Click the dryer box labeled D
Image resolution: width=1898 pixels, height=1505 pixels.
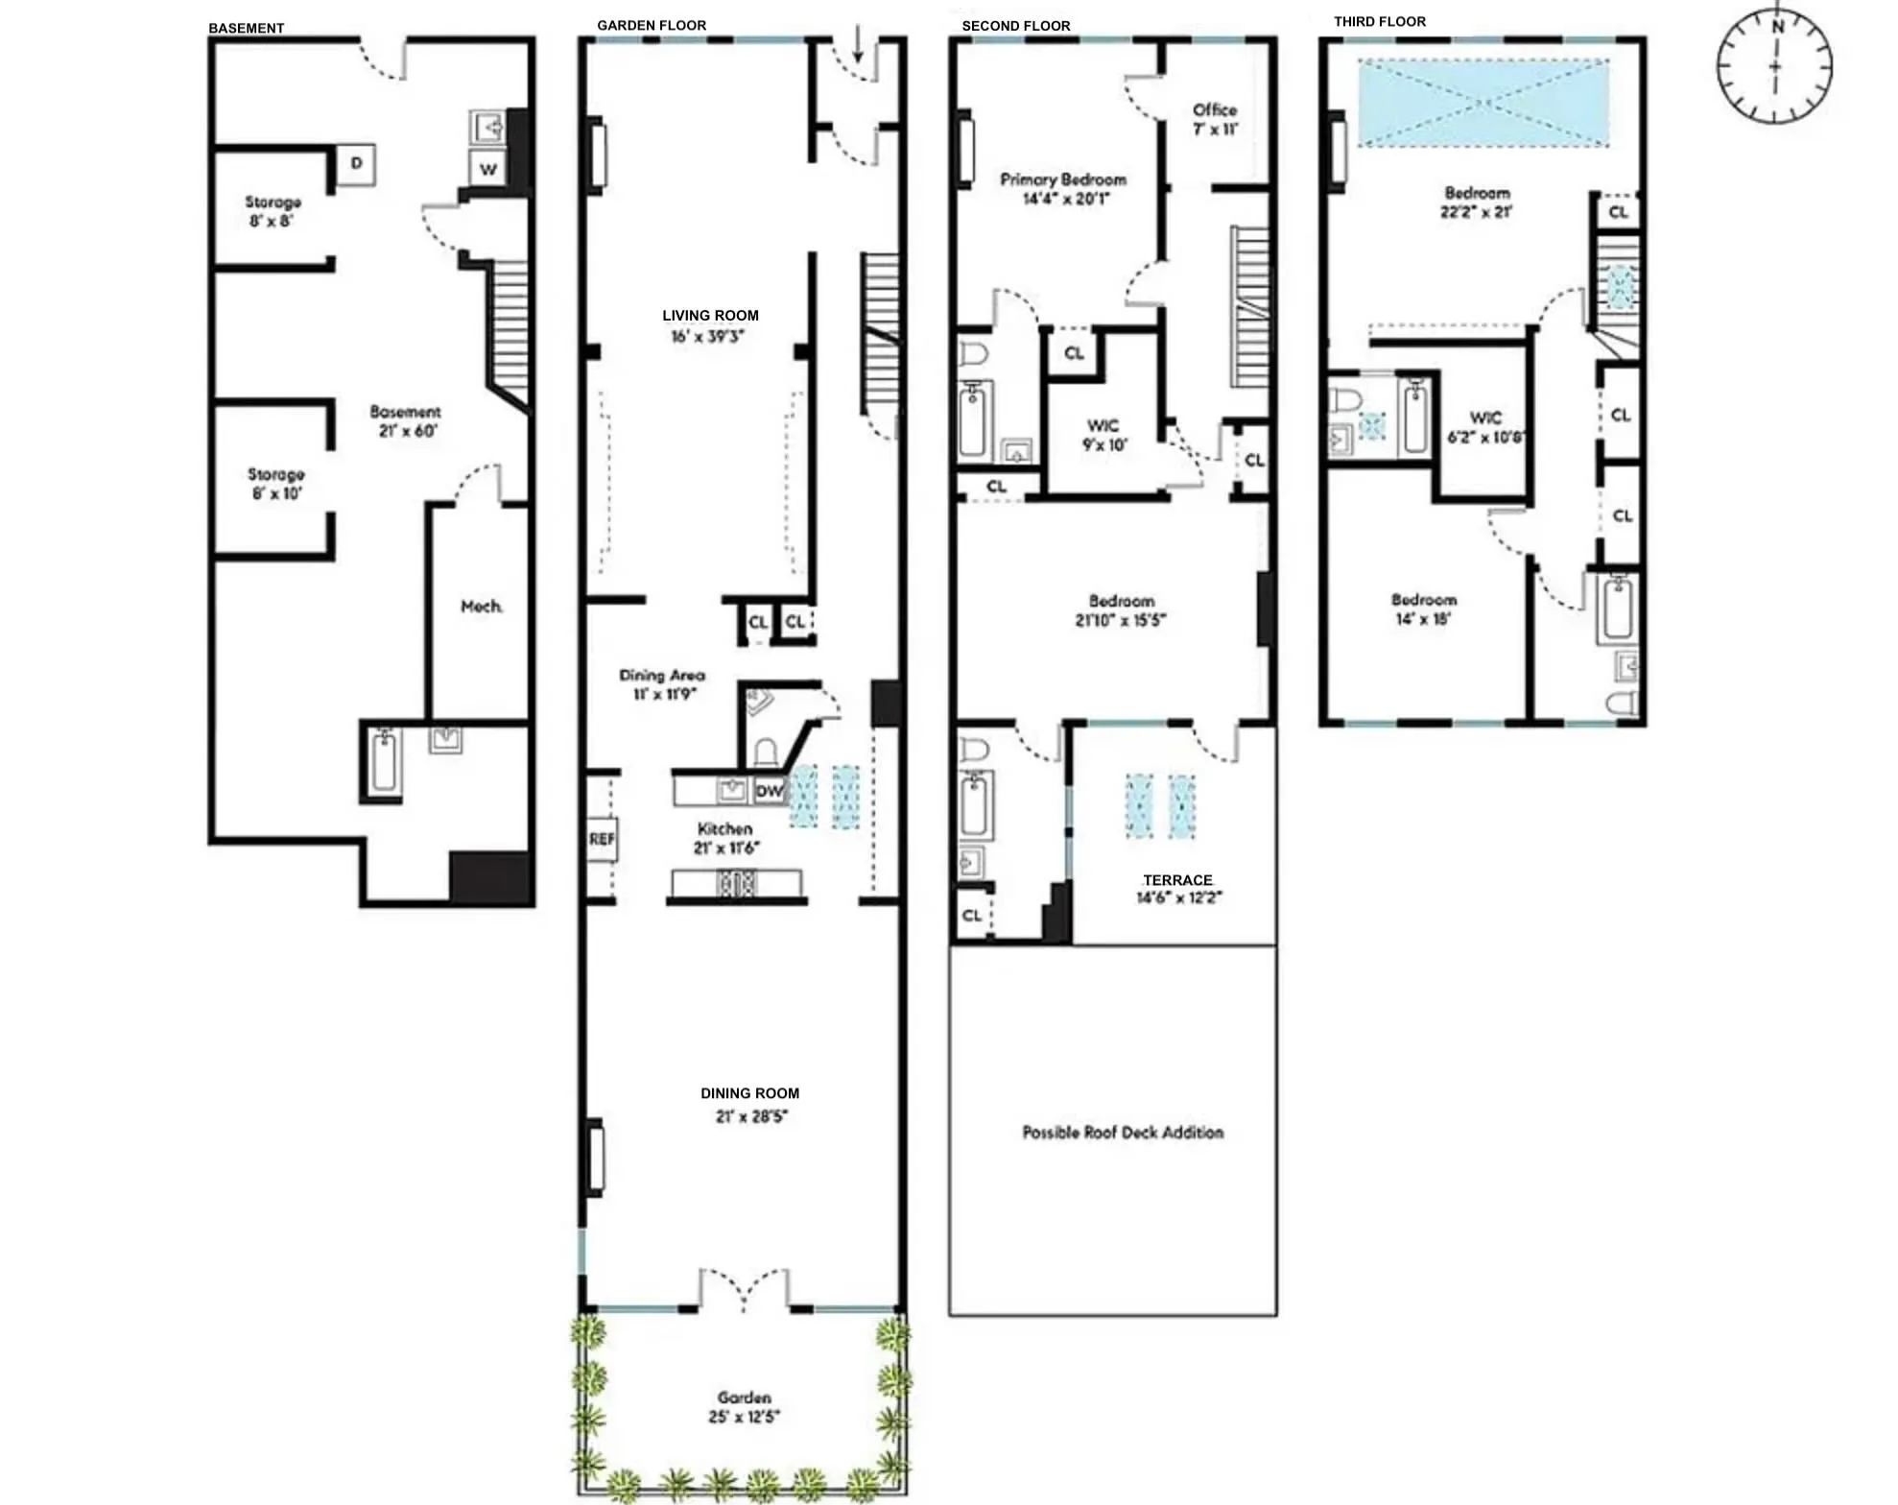[356, 164]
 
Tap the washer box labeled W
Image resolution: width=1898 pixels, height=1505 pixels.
[488, 170]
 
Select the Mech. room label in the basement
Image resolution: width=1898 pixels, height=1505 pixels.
[482, 607]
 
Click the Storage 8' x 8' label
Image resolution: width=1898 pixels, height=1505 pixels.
[273, 211]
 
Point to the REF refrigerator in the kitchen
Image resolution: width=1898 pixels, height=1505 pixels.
[602, 839]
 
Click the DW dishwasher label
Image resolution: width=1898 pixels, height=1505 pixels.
[769, 792]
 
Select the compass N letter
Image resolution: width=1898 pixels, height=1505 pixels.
[1777, 27]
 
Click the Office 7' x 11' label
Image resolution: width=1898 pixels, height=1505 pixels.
[1215, 119]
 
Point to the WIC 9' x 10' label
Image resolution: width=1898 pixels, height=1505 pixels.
[1103, 435]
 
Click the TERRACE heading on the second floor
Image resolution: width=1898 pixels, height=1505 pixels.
[1177, 880]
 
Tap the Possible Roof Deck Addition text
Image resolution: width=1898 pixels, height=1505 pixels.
[1123, 1133]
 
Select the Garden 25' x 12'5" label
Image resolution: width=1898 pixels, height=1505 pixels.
[745, 1407]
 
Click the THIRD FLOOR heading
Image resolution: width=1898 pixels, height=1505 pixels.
[1379, 21]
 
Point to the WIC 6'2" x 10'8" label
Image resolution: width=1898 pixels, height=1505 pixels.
[1486, 427]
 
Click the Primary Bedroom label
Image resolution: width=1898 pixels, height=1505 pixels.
[1063, 189]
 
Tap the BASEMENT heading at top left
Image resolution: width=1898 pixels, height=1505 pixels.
[246, 28]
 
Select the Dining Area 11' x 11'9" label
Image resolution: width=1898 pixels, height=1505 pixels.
[662, 684]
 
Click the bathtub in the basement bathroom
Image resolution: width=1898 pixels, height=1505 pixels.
[385, 761]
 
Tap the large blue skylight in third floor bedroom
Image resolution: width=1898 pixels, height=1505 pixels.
[1483, 103]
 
